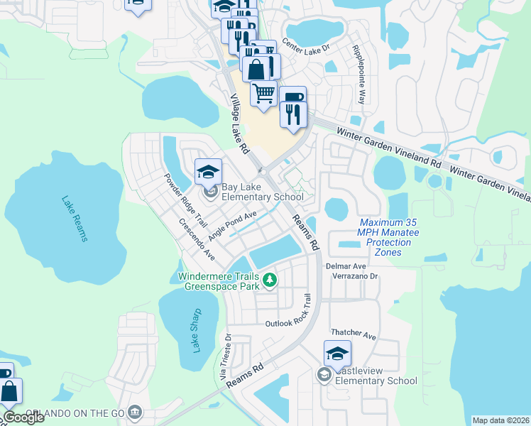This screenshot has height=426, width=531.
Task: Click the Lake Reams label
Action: click(75, 219)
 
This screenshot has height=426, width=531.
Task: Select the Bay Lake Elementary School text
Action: click(262, 197)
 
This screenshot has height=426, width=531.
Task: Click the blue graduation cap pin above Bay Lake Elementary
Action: click(209, 172)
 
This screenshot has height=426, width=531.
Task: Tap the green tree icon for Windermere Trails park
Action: click(269, 280)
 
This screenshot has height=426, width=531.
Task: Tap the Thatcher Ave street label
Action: click(353, 333)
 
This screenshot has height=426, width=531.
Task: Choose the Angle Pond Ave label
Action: click(233, 226)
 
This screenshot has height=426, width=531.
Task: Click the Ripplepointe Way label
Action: click(358, 75)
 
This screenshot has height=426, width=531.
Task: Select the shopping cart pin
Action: click(263, 93)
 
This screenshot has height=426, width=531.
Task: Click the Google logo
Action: click(23, 417)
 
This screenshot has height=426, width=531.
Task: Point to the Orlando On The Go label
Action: click(75, 413)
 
